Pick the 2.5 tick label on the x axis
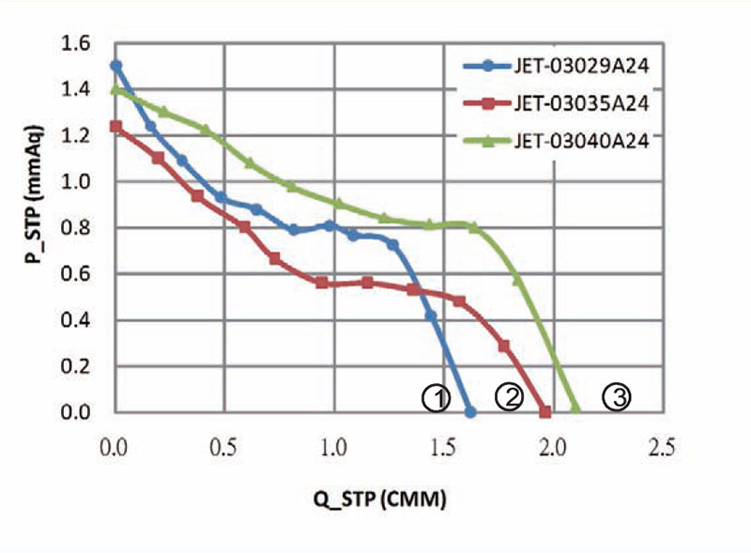coord(661,448)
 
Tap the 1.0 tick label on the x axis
coord(333,448)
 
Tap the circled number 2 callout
coord(508,397)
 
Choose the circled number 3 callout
coord(616,397)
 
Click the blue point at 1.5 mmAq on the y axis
coord(115,66)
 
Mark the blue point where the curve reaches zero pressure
coord(470,412)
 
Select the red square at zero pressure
coord(544,412)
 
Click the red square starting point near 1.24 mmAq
coord(115,126)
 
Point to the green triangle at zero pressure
coord(575,411)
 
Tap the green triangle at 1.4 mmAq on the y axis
coord(116,89)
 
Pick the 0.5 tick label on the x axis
coord(223,448)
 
